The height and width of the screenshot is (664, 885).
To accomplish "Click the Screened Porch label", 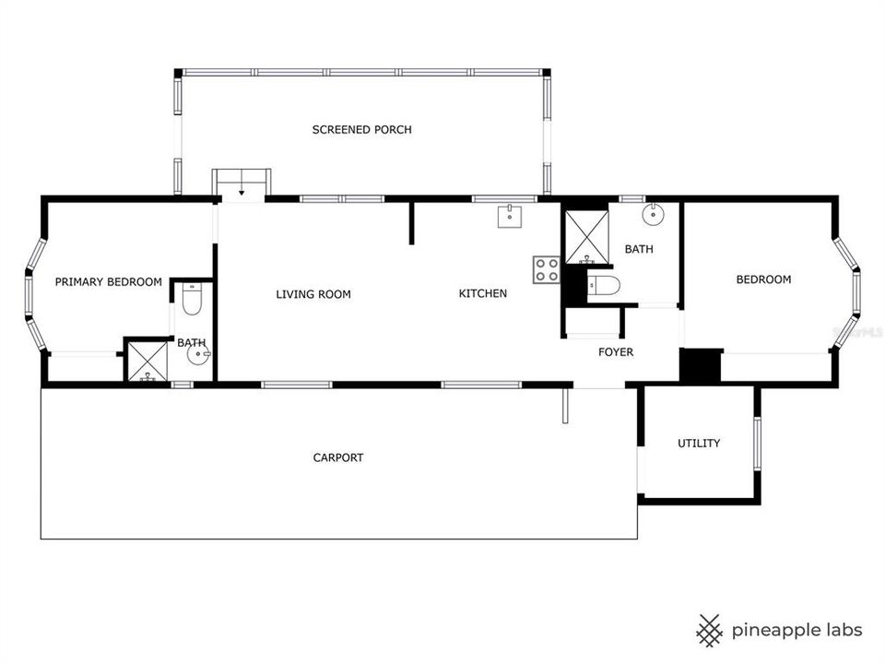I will click(361, 130).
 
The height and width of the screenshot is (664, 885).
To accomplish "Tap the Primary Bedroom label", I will click(109, 282).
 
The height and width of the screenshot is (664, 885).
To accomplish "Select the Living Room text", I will click(313, 295).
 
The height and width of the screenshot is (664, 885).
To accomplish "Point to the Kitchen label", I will click(483, 294).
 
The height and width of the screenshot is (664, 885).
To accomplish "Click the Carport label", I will click(337, 457).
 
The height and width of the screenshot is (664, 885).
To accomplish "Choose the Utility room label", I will click(699, 444).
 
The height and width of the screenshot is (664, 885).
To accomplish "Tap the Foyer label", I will click(616, 352).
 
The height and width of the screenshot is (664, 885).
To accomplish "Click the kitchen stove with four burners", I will click(546, 268).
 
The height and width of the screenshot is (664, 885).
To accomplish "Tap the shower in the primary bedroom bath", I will click(147, 362).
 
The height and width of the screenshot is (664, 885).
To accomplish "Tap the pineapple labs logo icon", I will click(708, 630).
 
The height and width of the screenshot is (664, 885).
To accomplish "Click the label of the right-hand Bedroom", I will click(762, 279).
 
